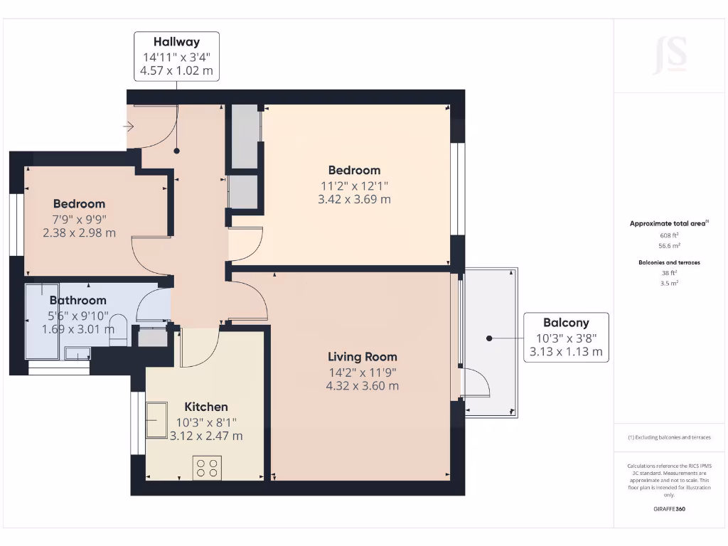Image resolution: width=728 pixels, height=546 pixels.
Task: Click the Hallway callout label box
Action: pos(176,57)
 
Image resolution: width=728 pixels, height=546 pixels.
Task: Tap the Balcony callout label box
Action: pos(566,337)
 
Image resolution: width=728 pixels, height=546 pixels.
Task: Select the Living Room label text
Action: pos(362,357)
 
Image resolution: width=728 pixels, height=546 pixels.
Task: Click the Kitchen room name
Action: pos(206,407)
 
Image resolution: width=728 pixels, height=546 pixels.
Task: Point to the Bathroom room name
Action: pos(77,300)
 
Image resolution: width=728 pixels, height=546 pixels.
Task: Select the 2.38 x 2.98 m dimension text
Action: pos(79,232)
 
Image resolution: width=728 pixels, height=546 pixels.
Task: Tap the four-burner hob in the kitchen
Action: pos(207,467)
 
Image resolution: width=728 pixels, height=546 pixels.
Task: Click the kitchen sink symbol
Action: pos(156,420)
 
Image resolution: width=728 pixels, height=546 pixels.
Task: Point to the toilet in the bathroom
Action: pos(118,330)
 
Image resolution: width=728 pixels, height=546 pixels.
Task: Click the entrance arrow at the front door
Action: pos(129,127)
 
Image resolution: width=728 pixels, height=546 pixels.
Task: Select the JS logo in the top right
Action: pos(670,55)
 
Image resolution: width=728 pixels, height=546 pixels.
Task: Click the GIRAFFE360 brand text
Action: pos(670,509)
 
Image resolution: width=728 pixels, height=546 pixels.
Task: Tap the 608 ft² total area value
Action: pos(669,235)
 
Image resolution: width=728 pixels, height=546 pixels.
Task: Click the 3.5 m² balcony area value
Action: pos(669,283)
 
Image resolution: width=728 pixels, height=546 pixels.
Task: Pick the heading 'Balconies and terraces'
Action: pos(669,262)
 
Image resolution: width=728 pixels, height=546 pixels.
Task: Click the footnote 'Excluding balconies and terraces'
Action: pos(669,437)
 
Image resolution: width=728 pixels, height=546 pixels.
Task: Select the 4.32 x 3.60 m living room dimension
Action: pos(362,386)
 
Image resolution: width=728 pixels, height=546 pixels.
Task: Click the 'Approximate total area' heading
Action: pos(668,223)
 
